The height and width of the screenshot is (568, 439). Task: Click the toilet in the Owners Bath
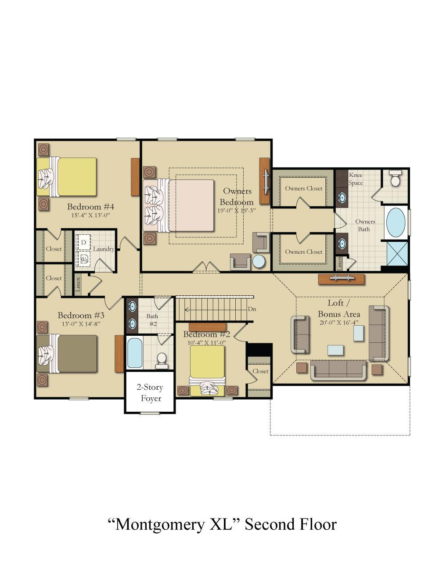[395, 178]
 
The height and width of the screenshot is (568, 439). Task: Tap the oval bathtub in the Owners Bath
[396, 223]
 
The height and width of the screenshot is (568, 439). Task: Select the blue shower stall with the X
[397, 254]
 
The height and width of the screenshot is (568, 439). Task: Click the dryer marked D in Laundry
[83, 242]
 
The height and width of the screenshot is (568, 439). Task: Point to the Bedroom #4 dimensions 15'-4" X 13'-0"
[90, 216]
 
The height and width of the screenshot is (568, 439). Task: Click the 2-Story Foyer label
[150, 392]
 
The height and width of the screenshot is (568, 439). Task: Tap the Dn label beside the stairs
[252, 309]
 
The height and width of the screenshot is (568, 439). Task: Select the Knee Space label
[356, 179]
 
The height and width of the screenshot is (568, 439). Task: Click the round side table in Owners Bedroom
[259, 261]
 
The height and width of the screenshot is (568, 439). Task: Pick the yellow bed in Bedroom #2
[207, 370]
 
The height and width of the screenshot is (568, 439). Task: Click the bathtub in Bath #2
[135, 352]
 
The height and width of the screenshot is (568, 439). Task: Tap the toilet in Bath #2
[162, 360]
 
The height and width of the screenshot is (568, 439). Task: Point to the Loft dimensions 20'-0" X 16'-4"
[339, 323]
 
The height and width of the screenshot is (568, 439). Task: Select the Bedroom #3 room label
[81, 315]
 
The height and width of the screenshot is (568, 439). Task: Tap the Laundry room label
[104, 249]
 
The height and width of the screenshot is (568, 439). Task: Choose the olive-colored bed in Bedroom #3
[67, 353]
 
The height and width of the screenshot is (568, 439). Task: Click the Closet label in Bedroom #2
[260, 371]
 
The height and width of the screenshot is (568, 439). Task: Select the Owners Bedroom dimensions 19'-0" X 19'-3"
[237, 210]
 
